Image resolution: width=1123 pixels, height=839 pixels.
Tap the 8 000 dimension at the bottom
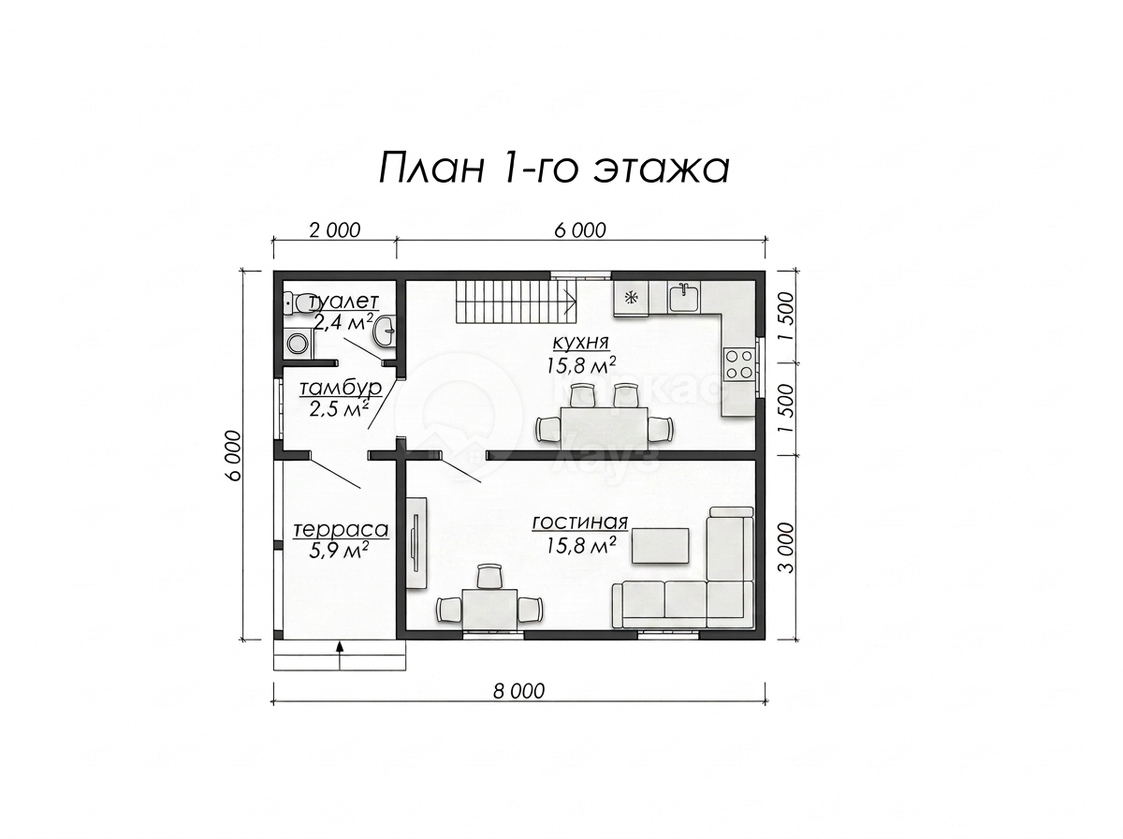point(518,691)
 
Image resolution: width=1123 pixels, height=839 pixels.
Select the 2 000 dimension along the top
point(335,230)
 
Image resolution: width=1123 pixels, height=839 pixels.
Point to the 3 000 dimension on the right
point(787,547)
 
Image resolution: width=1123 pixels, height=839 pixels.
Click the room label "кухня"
point(581,342)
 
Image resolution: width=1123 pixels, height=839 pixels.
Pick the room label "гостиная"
point(580,523)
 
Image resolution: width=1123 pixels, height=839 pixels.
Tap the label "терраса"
point(341,530)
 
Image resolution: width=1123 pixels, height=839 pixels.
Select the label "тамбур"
point(340,388)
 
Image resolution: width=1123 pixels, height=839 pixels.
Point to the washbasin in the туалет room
point(386,331)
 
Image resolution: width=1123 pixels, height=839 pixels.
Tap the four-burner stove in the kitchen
point(738,364)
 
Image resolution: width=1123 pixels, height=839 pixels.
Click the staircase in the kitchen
point(517,299)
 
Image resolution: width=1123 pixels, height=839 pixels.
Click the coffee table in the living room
point(660,546)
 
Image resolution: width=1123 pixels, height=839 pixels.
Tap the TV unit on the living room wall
point(416,542)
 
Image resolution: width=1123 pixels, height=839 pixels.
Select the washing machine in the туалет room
point(296,342)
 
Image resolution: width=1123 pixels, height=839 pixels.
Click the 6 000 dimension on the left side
point(233,456)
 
